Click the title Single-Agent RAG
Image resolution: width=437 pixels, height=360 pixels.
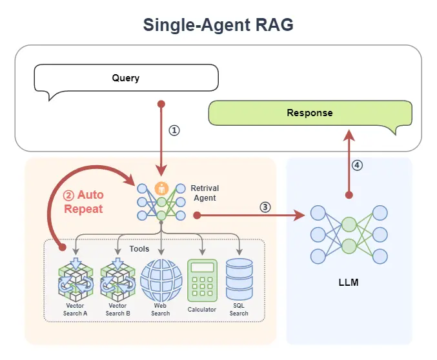click(218, 25)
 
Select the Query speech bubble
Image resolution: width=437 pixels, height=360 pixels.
click(126, 79)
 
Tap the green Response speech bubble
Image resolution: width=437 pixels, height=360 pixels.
click(310, 113)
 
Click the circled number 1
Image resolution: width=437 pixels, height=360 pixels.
click(174, 130)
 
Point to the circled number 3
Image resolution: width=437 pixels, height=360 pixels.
click(265, 207)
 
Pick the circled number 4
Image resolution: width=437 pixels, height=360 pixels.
click(357, 165)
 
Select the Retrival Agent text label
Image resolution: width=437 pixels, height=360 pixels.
click(206, 194)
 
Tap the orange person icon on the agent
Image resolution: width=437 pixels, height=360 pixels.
click(162, 189)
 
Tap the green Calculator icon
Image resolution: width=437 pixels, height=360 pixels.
click(202, 280)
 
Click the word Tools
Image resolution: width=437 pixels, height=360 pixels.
click(139, 248)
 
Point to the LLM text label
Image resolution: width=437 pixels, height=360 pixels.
click(349, 283)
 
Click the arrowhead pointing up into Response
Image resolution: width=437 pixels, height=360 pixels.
click(349, 133)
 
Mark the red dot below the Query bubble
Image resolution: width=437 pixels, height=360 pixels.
click(161, 104)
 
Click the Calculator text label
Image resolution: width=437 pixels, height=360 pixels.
click(202, 310)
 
